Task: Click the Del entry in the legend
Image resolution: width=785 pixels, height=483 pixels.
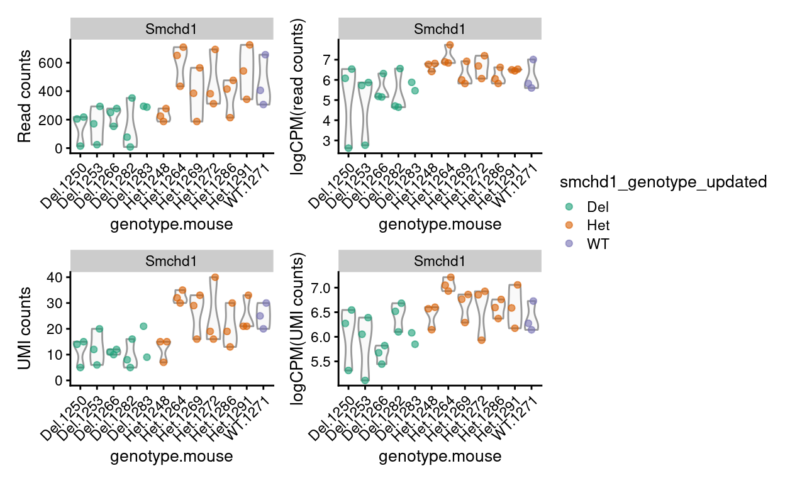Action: (597, 206)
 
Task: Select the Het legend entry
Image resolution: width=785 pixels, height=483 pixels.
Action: (597, 225)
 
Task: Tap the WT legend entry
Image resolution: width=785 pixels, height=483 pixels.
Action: (597, 243)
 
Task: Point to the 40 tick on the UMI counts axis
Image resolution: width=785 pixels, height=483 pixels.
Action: (57, 277)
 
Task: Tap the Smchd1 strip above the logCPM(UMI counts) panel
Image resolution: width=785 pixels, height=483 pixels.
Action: (440, 261)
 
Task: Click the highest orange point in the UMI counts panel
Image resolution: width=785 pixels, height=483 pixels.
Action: (214, 277)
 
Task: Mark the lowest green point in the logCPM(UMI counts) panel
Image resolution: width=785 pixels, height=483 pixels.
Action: (365, 379)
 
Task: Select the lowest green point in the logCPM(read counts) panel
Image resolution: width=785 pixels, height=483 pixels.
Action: (348, 148)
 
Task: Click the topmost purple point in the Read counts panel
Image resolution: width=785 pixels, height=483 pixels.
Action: (265, 55)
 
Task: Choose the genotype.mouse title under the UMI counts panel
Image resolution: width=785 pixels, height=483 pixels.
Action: (171, 456)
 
